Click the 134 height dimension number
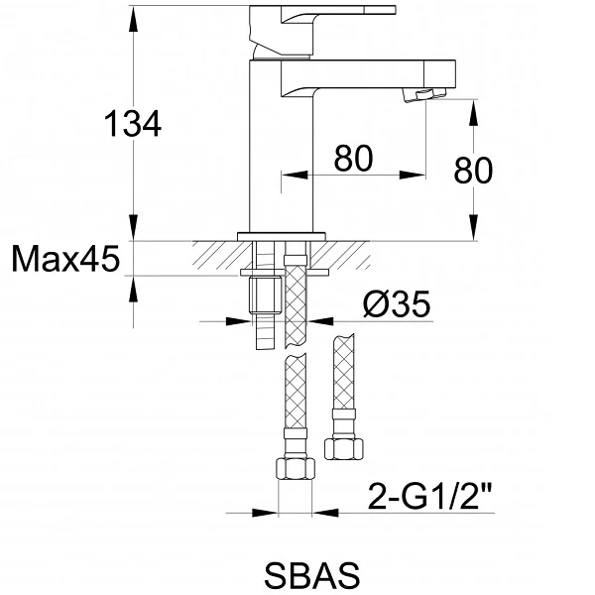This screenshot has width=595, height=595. (133, 124)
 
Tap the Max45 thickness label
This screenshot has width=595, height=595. (65, 259)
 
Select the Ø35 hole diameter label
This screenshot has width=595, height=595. (397, 303)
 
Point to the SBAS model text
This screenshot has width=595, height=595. (312, 575)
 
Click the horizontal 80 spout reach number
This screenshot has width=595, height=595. (353, 158)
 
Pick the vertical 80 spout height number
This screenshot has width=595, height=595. (473, 171)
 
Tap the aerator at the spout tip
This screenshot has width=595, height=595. (424, 94)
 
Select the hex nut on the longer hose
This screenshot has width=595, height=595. (296, 469)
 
